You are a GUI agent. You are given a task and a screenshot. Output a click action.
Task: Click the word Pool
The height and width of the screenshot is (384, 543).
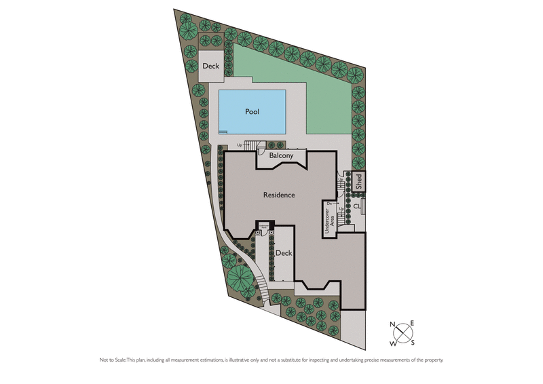[252, 111]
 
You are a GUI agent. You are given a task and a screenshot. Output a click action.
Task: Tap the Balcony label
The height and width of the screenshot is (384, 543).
[281, 156]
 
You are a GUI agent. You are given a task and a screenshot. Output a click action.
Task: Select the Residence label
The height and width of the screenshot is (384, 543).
[279, 195]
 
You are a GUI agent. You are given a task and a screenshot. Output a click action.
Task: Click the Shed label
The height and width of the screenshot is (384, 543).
[359, 181]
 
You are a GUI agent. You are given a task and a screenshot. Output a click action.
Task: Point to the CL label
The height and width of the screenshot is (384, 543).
[357, 206]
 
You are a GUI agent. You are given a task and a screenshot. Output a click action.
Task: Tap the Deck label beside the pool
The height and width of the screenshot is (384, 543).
[210, 66]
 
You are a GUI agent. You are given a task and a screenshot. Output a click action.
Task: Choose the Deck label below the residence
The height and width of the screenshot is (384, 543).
[283, 252]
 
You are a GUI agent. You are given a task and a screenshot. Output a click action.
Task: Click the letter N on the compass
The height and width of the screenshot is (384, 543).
[393, 325]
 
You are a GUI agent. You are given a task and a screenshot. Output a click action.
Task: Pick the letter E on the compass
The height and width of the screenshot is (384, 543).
[412, 324]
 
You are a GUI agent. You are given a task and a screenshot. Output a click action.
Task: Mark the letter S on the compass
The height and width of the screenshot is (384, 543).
[412, 343]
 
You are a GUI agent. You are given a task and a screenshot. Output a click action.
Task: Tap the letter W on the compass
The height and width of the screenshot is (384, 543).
[393, 343]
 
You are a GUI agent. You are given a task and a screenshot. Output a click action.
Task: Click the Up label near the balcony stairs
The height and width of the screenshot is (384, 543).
[240, 145]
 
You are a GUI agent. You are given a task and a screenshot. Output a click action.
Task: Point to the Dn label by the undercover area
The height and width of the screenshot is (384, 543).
[329, 203]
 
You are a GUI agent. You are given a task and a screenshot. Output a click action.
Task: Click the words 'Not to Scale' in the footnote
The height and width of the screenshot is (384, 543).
[113, 360]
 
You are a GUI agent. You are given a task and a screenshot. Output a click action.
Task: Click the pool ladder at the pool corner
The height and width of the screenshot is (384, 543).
[223, 132]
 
